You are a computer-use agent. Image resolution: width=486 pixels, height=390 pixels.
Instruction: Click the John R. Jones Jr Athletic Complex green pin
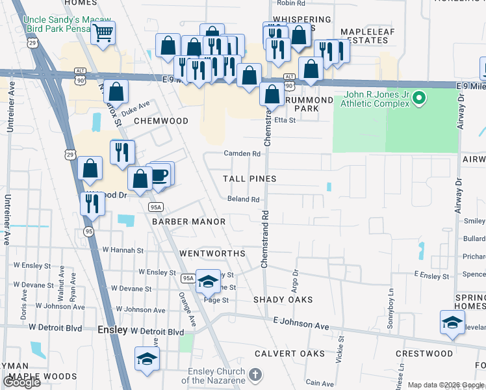point(419,99)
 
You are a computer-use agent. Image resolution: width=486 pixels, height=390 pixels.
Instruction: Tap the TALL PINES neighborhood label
point(249,179)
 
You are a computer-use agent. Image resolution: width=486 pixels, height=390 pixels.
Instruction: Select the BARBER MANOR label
point(188,222)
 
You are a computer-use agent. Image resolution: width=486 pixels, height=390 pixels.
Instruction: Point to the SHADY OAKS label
point(283,300)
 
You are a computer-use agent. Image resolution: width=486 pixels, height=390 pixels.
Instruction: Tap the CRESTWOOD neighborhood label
point(424,354)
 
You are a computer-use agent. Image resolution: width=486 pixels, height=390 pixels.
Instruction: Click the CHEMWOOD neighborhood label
point(161,121)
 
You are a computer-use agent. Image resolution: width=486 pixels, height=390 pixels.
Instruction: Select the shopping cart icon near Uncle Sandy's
point(103,34)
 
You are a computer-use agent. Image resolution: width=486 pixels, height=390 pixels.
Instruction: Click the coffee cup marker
point(159,175)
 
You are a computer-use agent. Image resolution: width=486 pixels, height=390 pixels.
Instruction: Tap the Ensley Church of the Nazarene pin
point(256,375)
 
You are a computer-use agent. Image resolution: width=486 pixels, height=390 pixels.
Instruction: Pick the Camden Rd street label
point(242,154)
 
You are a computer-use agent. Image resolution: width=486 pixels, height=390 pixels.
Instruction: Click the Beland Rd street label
point(244,200)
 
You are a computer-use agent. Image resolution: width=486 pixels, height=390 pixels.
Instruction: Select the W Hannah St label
point(123,250)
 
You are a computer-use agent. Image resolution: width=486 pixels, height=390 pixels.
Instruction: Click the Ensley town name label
point(112,330)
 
